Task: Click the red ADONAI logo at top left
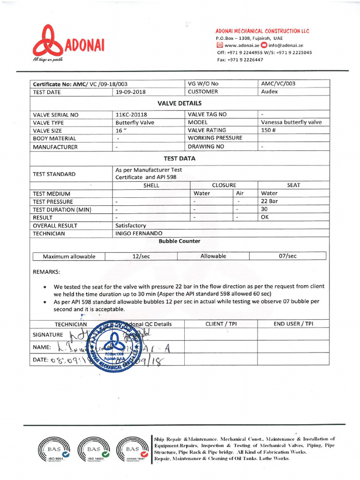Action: click(x=68, y=44)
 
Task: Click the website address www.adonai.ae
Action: click(x=242, y=45)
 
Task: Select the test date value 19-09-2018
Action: click(x=131, y=92)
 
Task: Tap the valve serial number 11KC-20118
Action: click(x=131, y=115)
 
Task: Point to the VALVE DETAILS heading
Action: click(x=186, y=103)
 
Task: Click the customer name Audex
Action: click(x=270, y=92)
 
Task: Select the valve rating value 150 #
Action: click(x=267, y=130)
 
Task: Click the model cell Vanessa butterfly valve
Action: click(x=291, y=122)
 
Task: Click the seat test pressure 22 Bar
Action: click(x=270, y=201)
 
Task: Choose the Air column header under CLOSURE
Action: click(x=240, y=193)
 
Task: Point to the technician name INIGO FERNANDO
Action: click(x=139, y=233)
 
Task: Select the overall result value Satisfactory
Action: click(x=131, y=225)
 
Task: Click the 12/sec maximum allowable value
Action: click(x=141, y=256)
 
